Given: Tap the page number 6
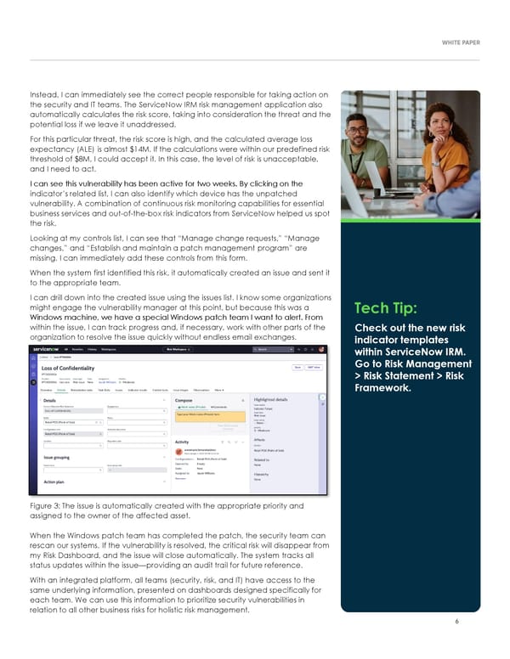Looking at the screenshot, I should pyautogui.click(x=456, y=622).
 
